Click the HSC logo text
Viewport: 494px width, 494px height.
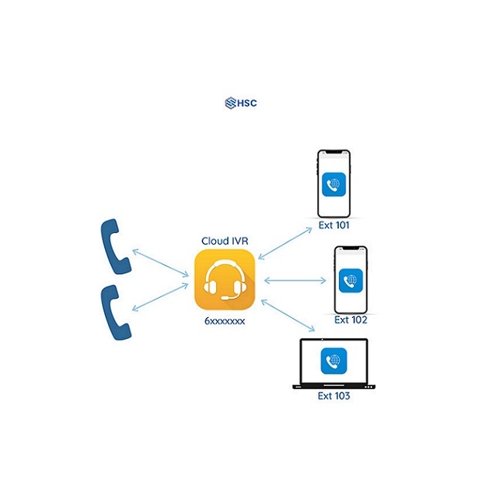click(247, 103)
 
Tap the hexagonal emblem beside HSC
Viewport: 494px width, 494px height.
click(231, 103)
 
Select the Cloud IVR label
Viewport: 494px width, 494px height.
click(225, 241)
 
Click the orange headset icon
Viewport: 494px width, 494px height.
click(225, 279)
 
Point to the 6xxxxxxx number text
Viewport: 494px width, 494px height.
click(225, 321)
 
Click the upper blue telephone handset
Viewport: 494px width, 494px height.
click(115, 246)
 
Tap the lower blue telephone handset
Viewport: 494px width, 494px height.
click(115, 313)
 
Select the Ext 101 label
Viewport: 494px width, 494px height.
click(334, 225)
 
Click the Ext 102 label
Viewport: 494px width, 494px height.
click(350, 320)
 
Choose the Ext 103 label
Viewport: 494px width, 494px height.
click(333, 396)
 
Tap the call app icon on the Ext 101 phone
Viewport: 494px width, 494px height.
click(334, 184)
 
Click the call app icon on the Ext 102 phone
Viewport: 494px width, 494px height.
click(350, 280)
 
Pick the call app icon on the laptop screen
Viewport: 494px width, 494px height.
click(333, 361)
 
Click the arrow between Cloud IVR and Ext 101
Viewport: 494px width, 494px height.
click(285, 244)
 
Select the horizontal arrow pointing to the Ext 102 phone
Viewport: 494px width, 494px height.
click(295, 280)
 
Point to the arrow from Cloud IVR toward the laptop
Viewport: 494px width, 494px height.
click(288, 316)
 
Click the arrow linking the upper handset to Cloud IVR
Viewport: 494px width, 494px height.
click(160, 263)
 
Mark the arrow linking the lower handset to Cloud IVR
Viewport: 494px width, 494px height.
click(160, 297)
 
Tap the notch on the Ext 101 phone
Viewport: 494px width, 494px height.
click(334, 152)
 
